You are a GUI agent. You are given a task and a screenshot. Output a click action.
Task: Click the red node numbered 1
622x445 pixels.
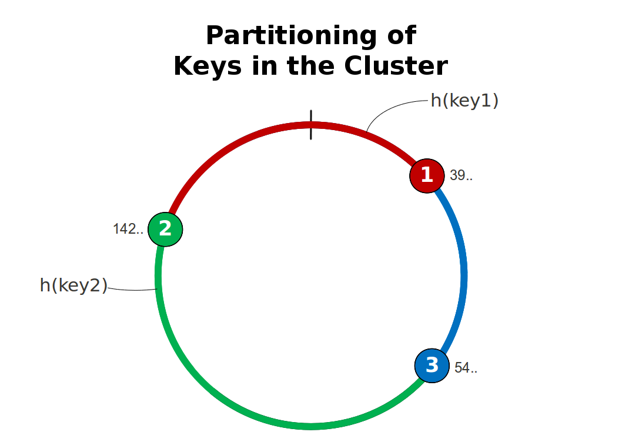[427, 175]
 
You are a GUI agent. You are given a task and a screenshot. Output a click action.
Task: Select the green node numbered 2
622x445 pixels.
[165, 229]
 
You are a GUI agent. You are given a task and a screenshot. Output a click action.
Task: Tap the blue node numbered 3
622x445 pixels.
[432, 365]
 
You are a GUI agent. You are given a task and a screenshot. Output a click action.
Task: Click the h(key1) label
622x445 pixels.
[464, 101]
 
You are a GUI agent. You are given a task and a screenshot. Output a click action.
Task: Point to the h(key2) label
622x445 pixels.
[73, 285]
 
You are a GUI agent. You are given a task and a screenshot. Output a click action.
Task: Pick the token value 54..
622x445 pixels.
[466, 368]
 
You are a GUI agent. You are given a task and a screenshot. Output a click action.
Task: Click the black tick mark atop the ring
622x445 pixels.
[311, 125]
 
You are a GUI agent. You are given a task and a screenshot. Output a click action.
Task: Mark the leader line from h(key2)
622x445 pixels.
[132, 290]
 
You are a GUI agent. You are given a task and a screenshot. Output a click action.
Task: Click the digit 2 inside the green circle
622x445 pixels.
[165, 229]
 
